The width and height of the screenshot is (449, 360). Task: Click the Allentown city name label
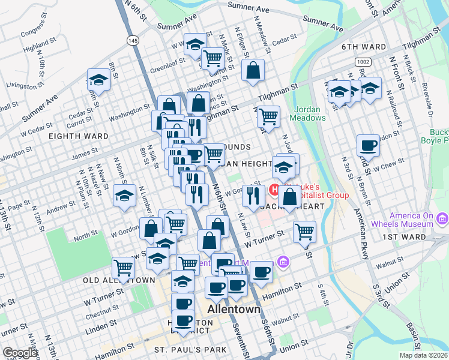click(234, 310)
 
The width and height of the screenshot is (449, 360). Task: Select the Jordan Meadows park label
click(310, 113)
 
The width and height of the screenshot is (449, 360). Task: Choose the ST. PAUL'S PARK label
click(190, 350)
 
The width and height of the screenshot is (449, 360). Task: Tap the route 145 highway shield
click(133, 40)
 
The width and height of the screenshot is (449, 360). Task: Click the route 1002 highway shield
click(362, 62)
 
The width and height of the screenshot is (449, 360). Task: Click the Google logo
click(19, 353)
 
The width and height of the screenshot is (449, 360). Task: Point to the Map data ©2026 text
click(423, 355)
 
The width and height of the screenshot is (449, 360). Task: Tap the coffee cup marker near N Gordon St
click(368, 145)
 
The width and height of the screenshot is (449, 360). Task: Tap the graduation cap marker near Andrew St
click(124, 196)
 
